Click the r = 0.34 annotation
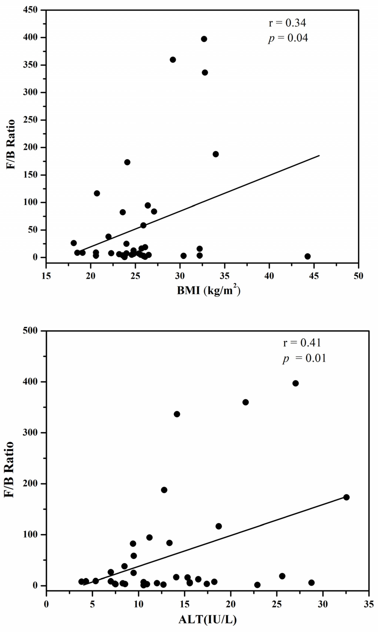point(287,23)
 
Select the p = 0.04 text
point(288,38)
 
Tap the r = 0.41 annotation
point(302,343)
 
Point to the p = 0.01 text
point(304,358)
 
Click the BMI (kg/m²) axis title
point(209,290)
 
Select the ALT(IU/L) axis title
point(208,620)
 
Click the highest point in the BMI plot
point(204,39)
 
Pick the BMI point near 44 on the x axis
point(307,256)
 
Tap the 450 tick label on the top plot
point(30,10)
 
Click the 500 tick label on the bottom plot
point(30,331)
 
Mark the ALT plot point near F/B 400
point(295,383)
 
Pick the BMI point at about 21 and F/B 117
point(97,193)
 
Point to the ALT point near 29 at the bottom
point(311,583)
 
